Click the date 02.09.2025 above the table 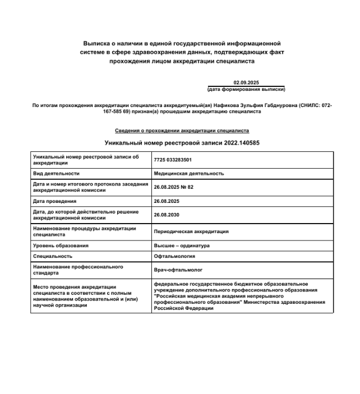pyautogui.click(x=246, y=82)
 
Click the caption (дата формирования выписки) pyautogui.click(x=246, y=89)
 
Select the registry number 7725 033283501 pyautogui.click(x=173, y=160)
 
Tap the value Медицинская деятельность pyautogui.click(x=189, y=174)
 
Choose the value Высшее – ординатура pyautogui.click(x=182, y=245)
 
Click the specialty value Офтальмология pyautogui.click(x=174, y=256)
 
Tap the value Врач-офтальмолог pyautogui.click(x=177, y=270)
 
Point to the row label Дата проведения pyautogui.click(x=55, y=201)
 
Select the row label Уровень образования pyautogui.click(x=61, y=245)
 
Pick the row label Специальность pyautogui.click(x=53, y=256)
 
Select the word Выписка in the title pyautogui.click(x=99, y=43)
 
